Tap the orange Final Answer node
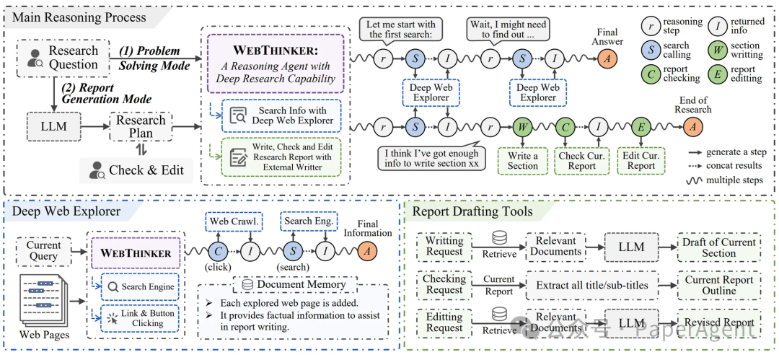(x=607, y=58)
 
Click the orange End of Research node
(x=692, y=127)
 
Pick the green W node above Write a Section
(x=523, y=127)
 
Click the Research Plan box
(x=141, y=127)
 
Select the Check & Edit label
(x=136, y=170)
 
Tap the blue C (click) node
(x=218, y=252)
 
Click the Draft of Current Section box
(x=719, y=247)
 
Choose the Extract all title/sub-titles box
(x=591, y=286)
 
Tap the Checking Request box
(x=444, y=285)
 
